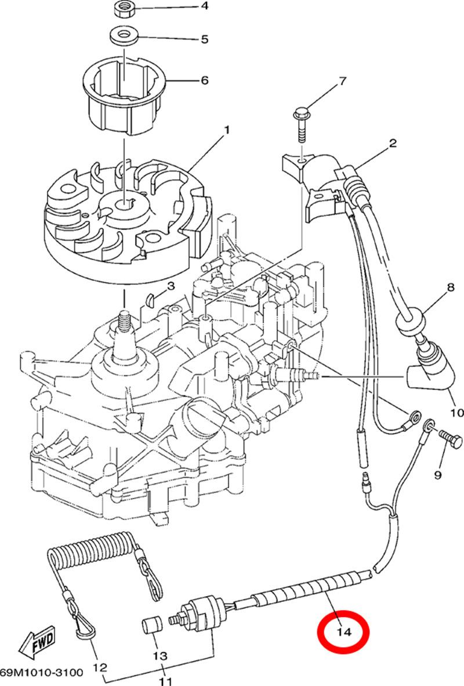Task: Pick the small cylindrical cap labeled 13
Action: [x=151, y=629]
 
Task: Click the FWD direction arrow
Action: [x=36, y=644]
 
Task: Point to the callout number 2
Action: [x=393, y=143]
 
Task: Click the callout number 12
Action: [x=99, y=668]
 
